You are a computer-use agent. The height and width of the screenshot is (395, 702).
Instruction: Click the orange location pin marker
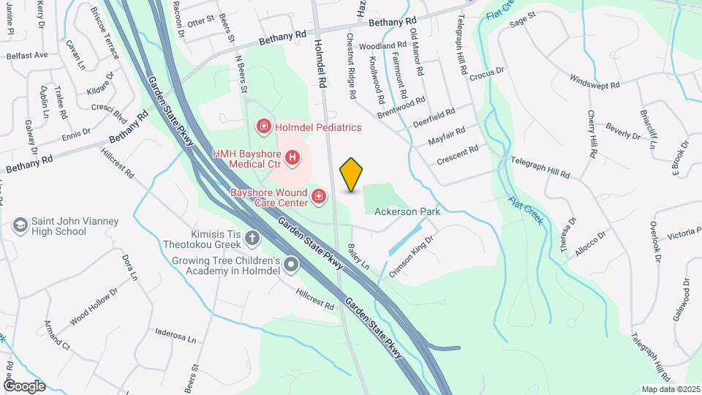pos(351,174)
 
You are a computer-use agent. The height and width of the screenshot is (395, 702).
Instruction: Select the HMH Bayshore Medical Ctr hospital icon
pos(292,157)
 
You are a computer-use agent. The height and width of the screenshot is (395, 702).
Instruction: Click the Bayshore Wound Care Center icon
pos(318,196)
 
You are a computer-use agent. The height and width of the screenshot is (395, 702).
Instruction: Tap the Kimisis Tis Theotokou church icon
pos(252,238)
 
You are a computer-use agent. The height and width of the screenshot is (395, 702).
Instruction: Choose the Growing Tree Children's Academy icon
pos(291,265)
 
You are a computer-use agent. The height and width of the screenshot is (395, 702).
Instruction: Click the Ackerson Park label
pos(407,211)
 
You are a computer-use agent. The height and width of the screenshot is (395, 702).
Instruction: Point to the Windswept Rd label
pos(595,81)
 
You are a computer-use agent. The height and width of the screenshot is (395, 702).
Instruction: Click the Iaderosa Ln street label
pos(175,336)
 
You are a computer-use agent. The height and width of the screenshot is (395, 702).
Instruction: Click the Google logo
pos(24,385)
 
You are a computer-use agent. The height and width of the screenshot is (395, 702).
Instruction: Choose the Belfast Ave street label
pos(27,55)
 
